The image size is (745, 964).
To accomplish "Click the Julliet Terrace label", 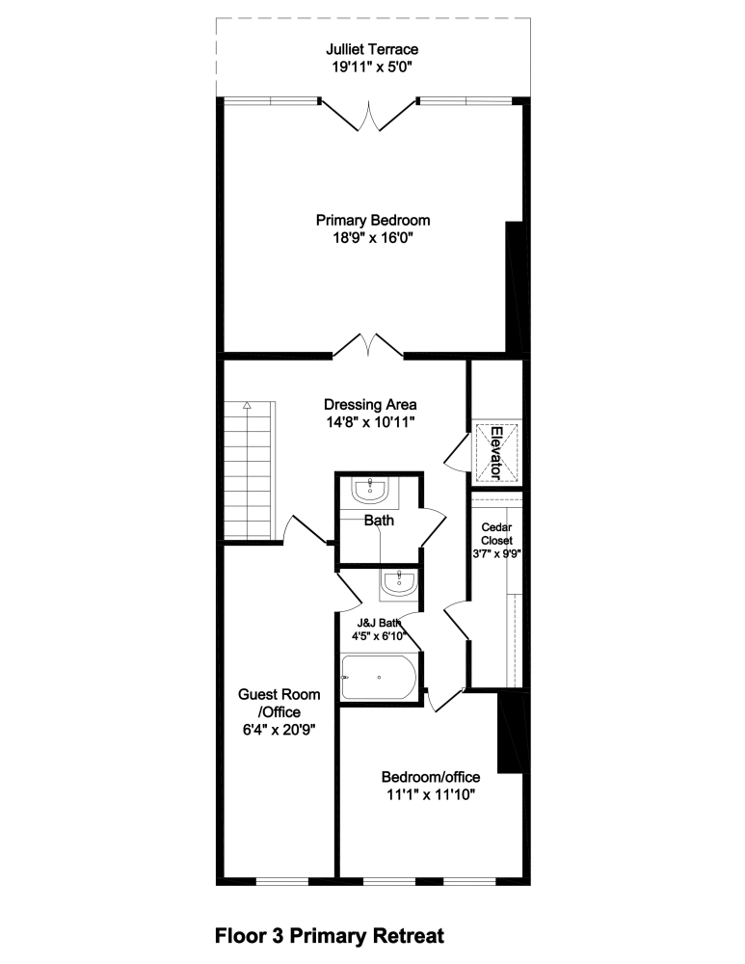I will click(372, 49).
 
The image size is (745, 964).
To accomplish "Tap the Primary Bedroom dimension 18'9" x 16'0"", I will click(372, 237).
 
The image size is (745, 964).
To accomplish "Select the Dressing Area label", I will click(370, 404).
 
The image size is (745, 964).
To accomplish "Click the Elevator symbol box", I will click(495, 452).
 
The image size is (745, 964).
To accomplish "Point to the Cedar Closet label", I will click(497, 534).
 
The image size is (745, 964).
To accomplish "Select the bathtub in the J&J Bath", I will click(379, 678).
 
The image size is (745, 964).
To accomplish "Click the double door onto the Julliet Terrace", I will click(368, 115).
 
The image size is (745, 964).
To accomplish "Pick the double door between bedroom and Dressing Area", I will click(368, 345).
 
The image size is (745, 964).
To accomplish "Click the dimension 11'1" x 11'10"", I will click(430, 794).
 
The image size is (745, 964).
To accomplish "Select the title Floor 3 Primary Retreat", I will click(330, 935).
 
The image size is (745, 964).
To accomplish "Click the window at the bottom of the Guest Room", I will click(282, 880).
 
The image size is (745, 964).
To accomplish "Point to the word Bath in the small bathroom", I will click(379, 521).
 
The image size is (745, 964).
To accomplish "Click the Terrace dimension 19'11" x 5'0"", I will click(372, 67).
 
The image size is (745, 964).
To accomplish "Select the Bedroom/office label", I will click(430, 777).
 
